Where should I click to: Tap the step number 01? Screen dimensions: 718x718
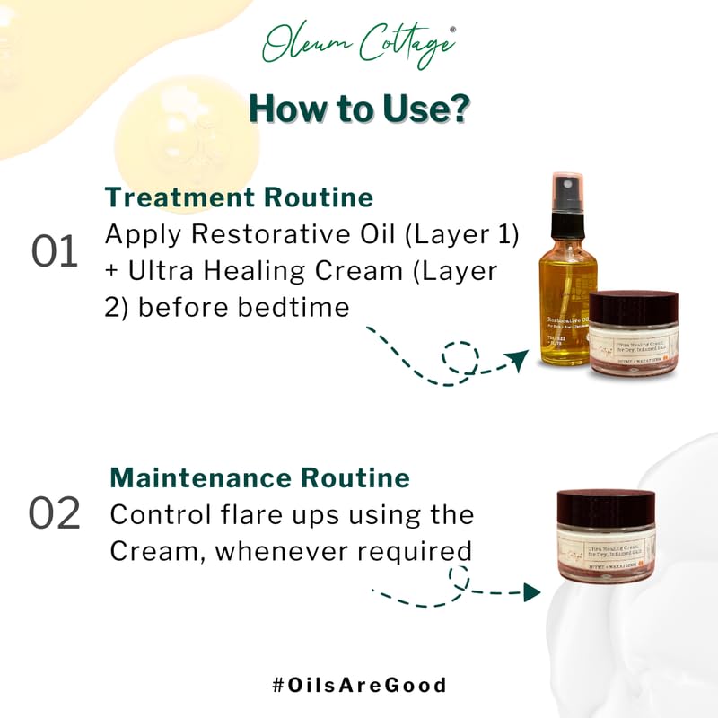tap(56, 253)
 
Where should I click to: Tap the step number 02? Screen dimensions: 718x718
tap(55, 513)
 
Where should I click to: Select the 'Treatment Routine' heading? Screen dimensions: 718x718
tap(239, 197)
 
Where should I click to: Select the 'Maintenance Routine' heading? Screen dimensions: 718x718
tap(259, 477)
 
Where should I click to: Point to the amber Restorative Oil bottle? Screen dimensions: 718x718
tap(566, 305)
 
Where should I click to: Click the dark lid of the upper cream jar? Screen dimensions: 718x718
tap(635, 306)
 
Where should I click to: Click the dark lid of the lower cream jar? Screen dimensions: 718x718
tap(606, 507)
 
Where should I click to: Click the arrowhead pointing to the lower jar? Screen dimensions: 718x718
tap(531, 591)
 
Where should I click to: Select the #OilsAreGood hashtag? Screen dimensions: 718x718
tap(359, 685)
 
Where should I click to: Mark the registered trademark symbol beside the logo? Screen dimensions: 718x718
tap(452, 30)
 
